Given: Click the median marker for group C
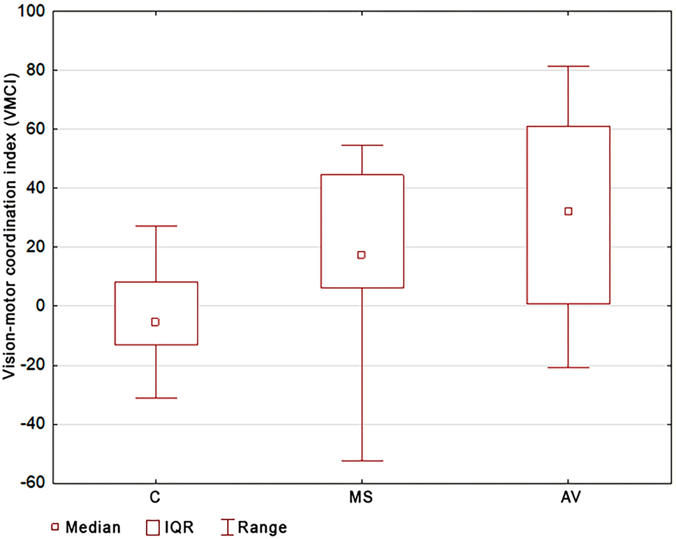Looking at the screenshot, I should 155,322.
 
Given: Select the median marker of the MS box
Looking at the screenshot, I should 361,255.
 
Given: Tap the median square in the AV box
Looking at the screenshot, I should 568,211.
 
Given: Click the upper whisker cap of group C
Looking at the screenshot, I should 155,226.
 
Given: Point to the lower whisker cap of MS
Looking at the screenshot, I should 361,461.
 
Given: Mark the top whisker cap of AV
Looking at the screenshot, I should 568,66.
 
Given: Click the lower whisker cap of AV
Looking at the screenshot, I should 568,367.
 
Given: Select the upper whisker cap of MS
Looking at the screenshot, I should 361,145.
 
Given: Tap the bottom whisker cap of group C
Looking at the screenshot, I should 155,398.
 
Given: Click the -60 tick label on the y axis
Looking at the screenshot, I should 34,482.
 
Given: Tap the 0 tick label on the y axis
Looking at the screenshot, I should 41,306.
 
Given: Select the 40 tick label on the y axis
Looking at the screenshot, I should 37,188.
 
